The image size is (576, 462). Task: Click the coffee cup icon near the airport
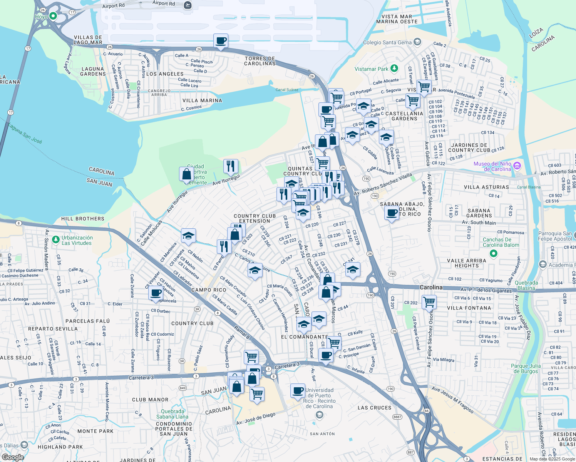tap(221, 41)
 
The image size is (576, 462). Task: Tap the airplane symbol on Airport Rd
tap(188, 5)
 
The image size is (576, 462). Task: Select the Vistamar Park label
tap(372, 69)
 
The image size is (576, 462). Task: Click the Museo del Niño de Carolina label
tap(492, 166)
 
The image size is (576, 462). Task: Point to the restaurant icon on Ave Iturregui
tap(231, 166)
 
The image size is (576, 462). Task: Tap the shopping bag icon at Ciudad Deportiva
tap(186, 174)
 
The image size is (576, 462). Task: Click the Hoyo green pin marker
tap(53, 16)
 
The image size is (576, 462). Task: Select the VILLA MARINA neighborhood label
tap(202, 100)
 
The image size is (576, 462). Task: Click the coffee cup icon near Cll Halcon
tap(156, 293)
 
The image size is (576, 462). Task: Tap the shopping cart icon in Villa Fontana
tap(429, 302)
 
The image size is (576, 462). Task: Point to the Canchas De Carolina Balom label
tap(501, 242)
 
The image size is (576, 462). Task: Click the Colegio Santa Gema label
tap(387, 42)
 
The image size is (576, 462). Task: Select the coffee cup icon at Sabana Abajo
tap(392, 213)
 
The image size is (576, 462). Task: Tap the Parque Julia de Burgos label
tap(526, 368)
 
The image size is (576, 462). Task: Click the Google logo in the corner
tap(13, 457)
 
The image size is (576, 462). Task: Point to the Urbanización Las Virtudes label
tap(77, 240)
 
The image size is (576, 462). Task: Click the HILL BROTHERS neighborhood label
tap(83, 219)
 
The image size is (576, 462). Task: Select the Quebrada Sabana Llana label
tap(172, 414)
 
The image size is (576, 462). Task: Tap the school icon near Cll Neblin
tap(188, 236)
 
